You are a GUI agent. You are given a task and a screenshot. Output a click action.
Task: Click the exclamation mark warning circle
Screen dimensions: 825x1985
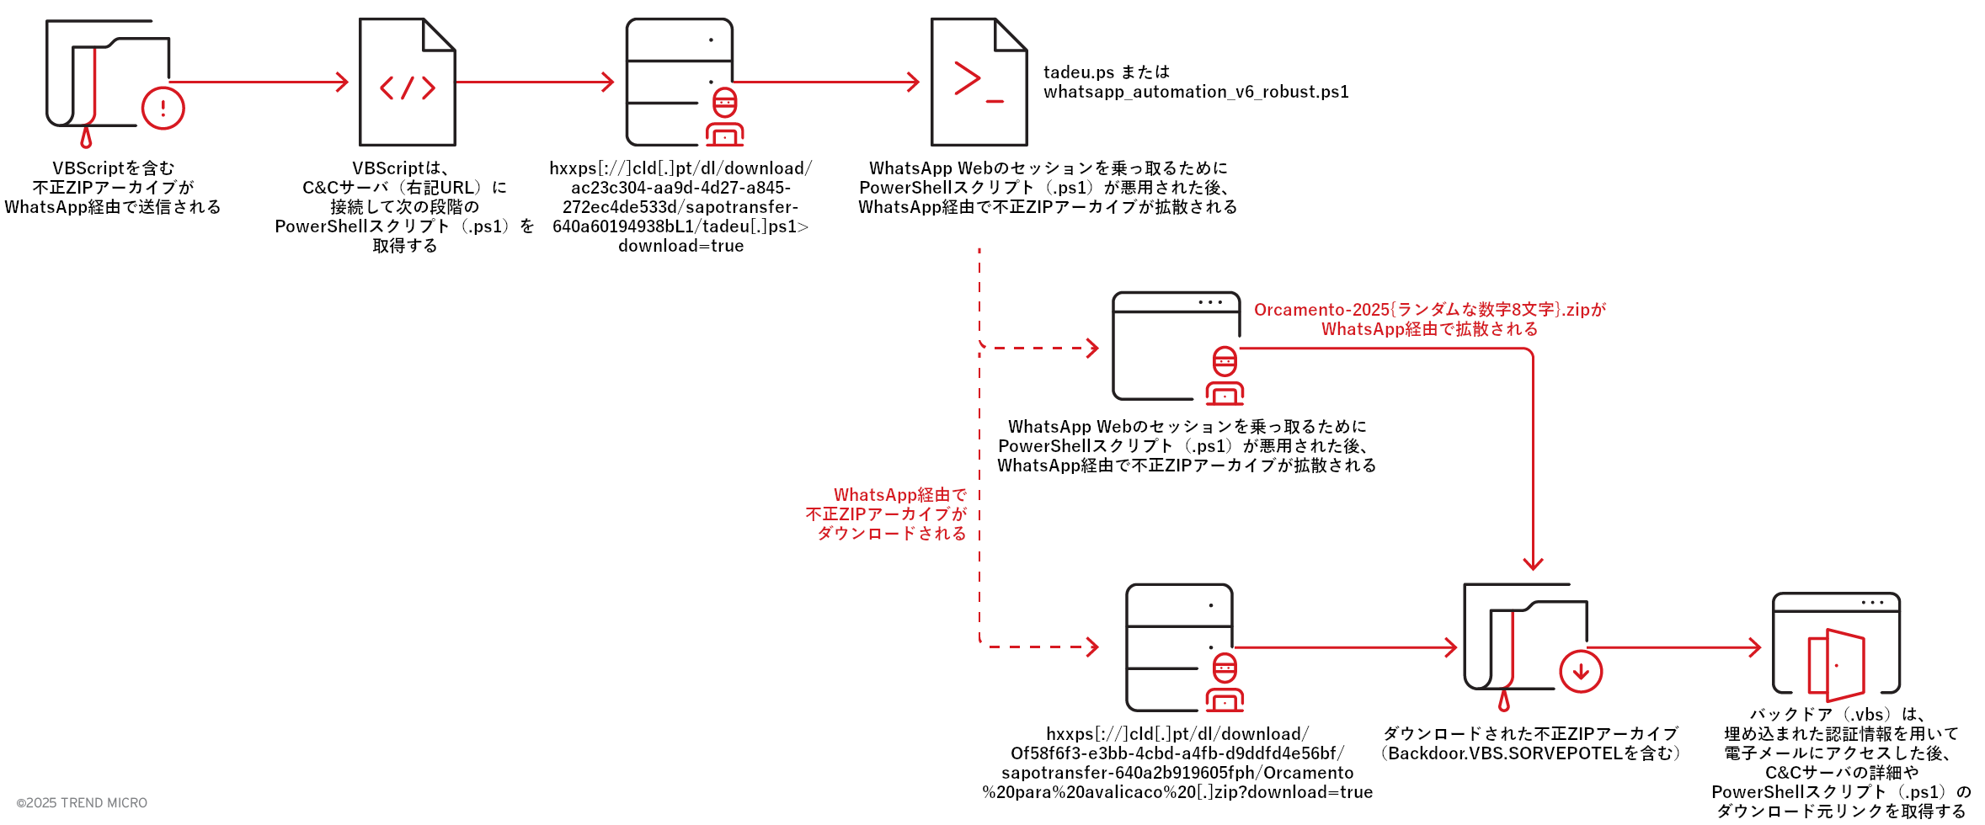(163, 109)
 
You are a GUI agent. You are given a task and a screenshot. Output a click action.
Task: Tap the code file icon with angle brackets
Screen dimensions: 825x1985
(408, 83)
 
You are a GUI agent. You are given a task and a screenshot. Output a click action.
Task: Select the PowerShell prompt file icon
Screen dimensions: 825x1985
(979, 83)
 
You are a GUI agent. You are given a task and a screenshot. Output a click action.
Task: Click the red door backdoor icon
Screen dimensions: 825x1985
(1836, 665)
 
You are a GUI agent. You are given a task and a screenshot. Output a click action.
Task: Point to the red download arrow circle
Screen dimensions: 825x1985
(1581, 671)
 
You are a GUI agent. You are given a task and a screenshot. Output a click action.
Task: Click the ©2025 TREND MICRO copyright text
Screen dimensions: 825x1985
(82, 803)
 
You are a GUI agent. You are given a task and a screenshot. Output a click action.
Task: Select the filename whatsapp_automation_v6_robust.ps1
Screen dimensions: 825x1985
(1196, 92)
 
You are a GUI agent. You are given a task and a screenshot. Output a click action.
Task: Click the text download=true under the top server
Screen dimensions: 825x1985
(680, 246)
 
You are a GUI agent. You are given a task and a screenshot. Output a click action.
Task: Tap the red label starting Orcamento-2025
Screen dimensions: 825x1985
(1429, 310)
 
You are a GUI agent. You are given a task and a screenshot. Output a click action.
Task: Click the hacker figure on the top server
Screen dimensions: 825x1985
(725, 118)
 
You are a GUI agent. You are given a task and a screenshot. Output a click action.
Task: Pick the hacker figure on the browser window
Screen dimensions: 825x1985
(1225, 376)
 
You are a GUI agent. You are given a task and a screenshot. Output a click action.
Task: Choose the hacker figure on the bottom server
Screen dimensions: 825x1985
(1225, 683)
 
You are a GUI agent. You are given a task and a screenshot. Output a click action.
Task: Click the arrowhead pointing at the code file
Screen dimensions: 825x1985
(342, 82)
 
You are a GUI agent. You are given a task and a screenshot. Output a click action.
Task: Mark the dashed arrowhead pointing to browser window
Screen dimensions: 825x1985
(1092, 348)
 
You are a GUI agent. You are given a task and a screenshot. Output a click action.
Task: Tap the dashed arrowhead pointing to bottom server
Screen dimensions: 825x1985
(1092, 647)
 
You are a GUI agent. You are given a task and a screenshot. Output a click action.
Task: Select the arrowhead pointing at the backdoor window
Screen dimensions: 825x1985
(1754, 647)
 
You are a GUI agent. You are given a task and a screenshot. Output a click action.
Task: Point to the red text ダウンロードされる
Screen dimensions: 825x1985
(892, 534)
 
